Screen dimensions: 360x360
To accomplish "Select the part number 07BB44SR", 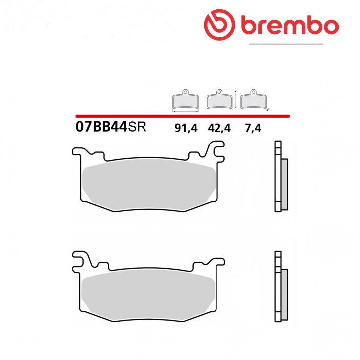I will point(110,128).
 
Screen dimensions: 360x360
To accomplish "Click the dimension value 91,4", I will point(185,128).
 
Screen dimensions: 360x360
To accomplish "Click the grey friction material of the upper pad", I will point(149,184).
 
